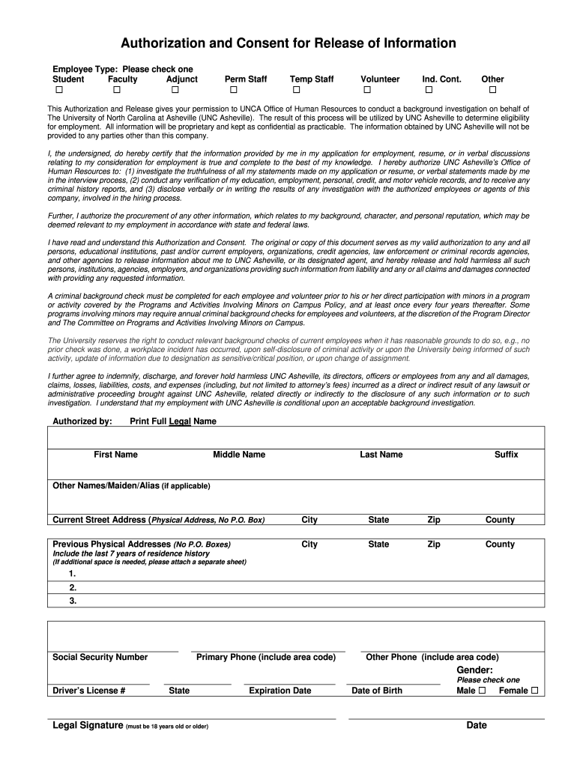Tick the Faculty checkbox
tap(116, 91)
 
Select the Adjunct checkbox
tap(175, 91)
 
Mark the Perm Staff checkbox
tap(234, 91)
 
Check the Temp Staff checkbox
tap(296, 91)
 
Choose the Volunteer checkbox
tap(367, 91)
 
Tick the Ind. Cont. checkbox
tap(429, 91)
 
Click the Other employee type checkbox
tap(492, 91)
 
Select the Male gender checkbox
tap(482, 691)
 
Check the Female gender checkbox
tap(534, 691)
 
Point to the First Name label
tap(115, 455)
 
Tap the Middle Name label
tap(239, 455)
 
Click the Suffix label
tap(506, 455)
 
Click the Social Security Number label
tap(100, 657)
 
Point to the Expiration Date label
tap(280, 691)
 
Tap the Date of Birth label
tap(377, 691)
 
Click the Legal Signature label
tap(87, 726)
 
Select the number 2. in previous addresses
tap(73, 587)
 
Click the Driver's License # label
tap(88, 691)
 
